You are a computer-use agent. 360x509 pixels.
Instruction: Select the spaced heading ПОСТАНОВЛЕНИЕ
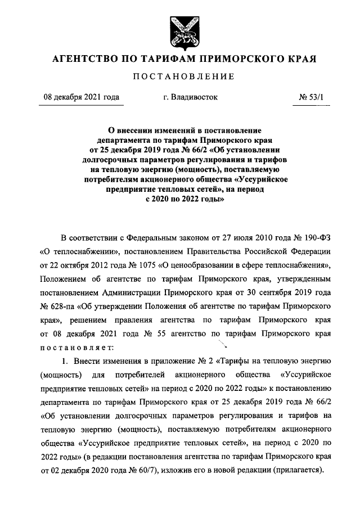[179, 76]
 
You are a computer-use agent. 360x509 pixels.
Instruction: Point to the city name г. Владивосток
[190, 97]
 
